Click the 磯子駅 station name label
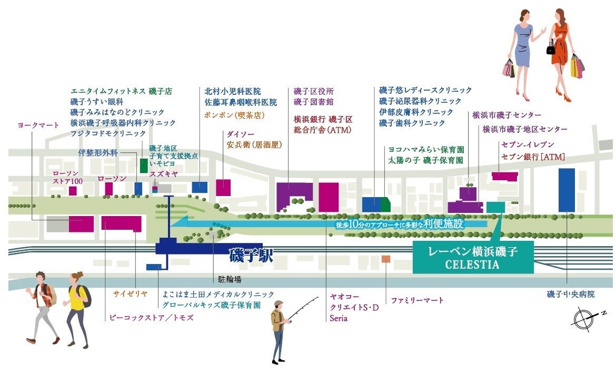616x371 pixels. [x=251, y=256]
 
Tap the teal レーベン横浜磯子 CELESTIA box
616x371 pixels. [x=472, y=258]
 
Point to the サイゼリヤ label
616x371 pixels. [x=130, y=294]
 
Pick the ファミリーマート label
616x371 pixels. [x=418, y=300]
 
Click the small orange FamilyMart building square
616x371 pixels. [x=386, y=259]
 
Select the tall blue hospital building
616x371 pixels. [x=567, y=190]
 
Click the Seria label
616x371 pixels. [x=339, y=318]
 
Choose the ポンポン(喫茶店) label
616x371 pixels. [x=233, y=114]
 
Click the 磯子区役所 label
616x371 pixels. [x=314, y=91]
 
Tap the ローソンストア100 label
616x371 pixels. [x=67, y=178]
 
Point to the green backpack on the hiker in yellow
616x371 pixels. [x=86, y=296]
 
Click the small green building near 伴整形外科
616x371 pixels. [x=144, y=165]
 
